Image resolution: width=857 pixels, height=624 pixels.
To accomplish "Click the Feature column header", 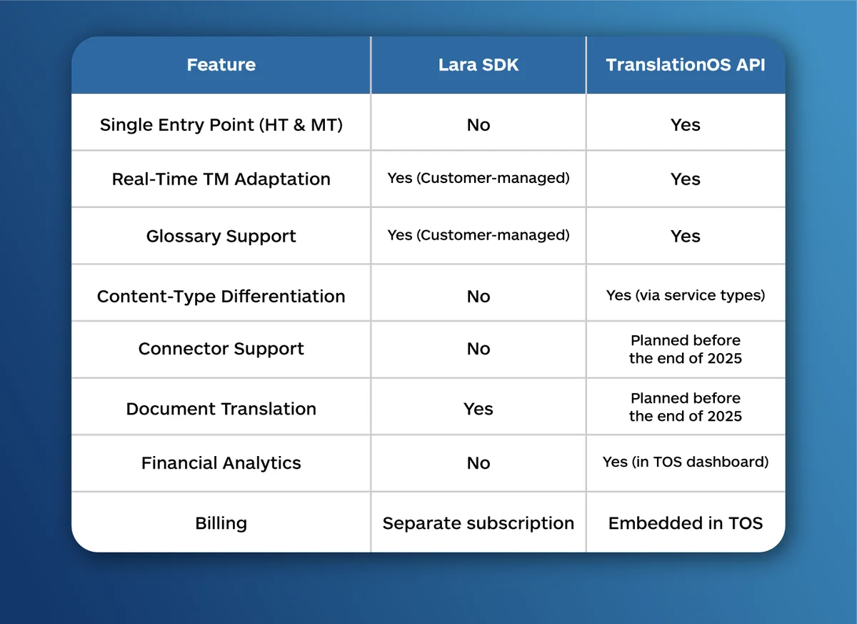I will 221,65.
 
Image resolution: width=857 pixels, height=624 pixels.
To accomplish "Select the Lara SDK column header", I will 478,65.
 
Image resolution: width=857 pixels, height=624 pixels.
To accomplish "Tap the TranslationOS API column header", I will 686,65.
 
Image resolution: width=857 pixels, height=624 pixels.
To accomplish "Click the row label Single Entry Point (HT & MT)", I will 221,125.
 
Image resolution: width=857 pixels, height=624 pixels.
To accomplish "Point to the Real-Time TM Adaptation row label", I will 221,179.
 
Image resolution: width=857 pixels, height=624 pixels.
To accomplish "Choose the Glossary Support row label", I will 221,237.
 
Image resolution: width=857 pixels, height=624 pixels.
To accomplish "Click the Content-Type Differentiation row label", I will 221,296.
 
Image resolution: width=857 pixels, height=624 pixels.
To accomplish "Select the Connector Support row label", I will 221,349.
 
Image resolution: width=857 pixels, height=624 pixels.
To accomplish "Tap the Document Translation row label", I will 221,409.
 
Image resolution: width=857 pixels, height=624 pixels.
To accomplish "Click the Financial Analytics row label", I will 221,463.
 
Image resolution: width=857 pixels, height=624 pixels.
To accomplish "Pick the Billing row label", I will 221,523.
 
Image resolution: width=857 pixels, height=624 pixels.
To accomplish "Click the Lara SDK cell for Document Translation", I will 478,409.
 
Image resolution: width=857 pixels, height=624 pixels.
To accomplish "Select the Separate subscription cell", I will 478,523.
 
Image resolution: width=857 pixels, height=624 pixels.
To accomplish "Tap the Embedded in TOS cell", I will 686,523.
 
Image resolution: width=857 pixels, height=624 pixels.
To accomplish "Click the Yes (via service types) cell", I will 686,295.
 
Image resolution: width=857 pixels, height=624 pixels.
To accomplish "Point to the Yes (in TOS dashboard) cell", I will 686,462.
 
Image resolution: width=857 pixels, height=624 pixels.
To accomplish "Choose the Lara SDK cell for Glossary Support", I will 478,235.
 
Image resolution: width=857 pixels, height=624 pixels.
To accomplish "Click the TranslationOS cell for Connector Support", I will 686,349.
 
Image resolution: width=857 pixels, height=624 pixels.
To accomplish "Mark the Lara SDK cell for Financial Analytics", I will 478,463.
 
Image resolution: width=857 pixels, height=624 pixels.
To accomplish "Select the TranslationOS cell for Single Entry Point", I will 686,125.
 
